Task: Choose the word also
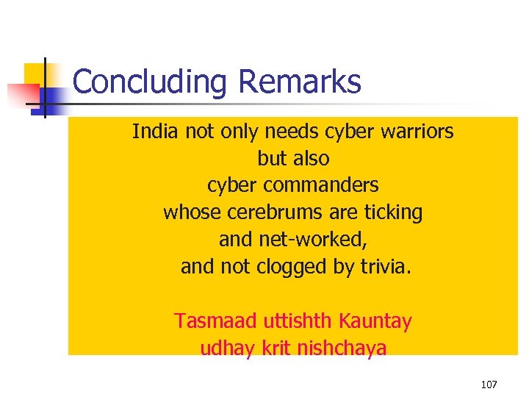(x=312, y=158)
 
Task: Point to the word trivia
(x=385, y=267)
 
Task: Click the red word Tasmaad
(x=205, y=321)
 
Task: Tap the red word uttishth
(x=292, y=321)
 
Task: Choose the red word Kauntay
(x=375, y=321)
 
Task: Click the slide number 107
(x=489, y=385)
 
